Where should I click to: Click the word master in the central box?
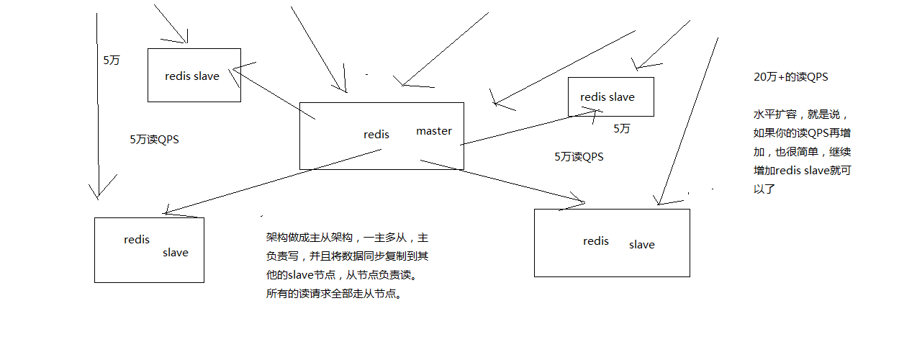tap(434, 131)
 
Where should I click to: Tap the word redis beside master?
tap(376, 135)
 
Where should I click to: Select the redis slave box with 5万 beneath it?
tap(610, 96)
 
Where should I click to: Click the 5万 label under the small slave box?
tap(622, 129)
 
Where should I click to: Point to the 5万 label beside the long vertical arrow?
tap(112, 60)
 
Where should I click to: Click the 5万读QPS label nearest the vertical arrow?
tap(154, 140)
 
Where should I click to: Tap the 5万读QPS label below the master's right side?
tap(579, 156)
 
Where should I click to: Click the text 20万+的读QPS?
tap(795, 77)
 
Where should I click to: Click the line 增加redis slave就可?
tap(803, 171)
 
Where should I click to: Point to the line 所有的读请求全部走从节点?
tap(335, 294)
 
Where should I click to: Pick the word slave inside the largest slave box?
tap(641, 245)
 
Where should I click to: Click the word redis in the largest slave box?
tap(596, 241)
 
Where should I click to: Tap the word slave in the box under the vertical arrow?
tap(176, 253)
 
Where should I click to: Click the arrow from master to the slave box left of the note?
tap(274, 181)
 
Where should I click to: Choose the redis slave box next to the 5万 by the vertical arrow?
tap(194, 75)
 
